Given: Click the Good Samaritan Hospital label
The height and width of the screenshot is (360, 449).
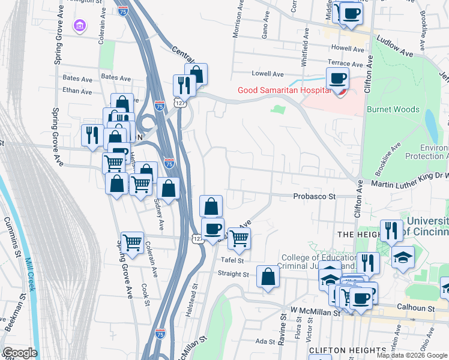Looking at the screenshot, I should [283, 91].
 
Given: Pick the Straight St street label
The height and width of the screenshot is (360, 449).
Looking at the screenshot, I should [234, 274].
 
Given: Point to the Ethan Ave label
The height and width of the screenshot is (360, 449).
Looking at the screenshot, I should [78, 91].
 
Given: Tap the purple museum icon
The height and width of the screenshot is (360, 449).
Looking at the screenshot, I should [79, 26].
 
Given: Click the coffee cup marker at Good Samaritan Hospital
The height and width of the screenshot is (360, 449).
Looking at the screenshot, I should [337, 79].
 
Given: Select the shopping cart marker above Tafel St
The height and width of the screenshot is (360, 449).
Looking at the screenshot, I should [240, 239].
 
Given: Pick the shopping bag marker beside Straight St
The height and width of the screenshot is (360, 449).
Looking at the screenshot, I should [268, 277].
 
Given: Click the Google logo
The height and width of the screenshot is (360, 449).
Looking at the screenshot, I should [20, 353].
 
